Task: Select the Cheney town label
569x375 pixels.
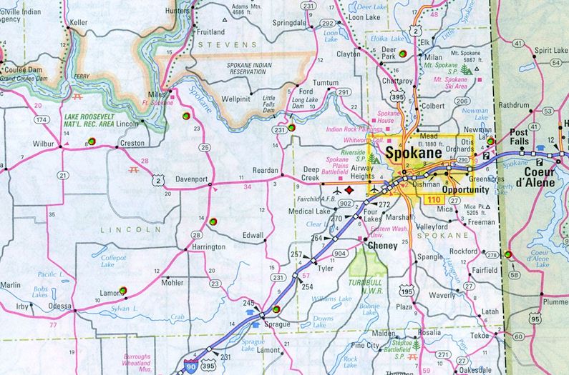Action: point(381,246)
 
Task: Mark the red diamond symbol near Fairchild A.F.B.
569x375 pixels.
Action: point(349,191)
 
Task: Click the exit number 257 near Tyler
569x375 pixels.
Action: point(297,255)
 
